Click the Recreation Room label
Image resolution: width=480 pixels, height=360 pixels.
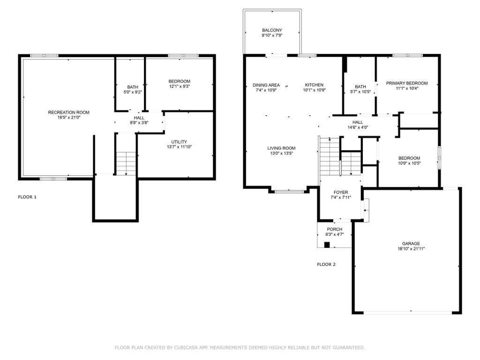point(68,112)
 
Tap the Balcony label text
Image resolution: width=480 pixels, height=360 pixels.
point(272,30)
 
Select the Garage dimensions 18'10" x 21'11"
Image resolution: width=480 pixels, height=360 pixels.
point(411,249)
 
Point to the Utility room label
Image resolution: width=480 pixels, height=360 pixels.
point(179,142)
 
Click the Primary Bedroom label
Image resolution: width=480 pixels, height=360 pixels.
point(407,83)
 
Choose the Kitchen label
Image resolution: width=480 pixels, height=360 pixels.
point(314,85)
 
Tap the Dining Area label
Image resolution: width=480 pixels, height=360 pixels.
point(266,85)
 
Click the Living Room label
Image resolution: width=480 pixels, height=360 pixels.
point(281,148)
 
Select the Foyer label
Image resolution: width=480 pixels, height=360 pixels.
point(341,192)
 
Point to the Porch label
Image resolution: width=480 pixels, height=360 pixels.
point(335,229)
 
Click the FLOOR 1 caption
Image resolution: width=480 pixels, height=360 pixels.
point(27,197)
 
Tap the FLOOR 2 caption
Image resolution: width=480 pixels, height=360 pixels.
point(326,264)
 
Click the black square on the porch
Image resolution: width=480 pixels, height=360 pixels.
point(327,245)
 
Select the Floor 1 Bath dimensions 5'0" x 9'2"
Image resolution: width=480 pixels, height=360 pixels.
point(133,92)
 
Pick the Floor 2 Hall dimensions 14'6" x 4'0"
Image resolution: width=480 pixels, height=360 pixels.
point(358,127)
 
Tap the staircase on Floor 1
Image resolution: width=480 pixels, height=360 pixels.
point(126,164)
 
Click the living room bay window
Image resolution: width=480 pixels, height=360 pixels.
point(289,192)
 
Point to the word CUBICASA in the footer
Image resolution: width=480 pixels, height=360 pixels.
point(186,347)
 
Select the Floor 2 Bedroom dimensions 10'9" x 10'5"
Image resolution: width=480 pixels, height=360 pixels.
point(409,163)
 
